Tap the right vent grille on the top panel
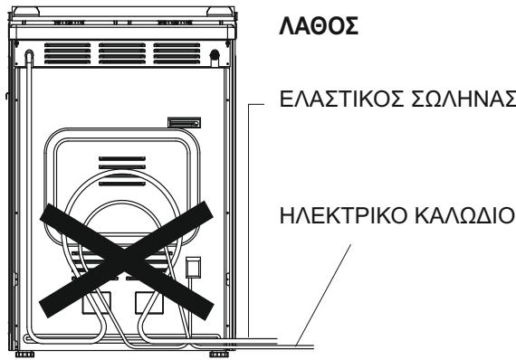point(181,52)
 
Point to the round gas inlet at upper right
point(215,54)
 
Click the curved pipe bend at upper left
point(30,56)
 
